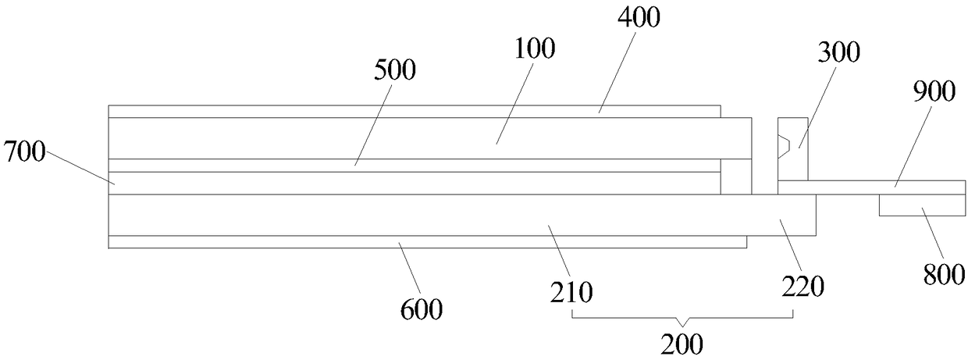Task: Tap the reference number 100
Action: click(x=536, y=48)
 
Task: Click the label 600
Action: click(x=422, y=310)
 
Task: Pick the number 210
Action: click(x=572, y=292)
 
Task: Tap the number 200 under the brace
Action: click(x=682, y=344)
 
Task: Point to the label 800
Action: click(x=946, y=274)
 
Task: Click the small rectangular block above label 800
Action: click(x=922, y=205)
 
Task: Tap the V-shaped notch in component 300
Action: click(x=785, y=145)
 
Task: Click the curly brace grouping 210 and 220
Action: click(x=683, y=318)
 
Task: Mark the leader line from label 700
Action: click(x=78, y=166)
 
